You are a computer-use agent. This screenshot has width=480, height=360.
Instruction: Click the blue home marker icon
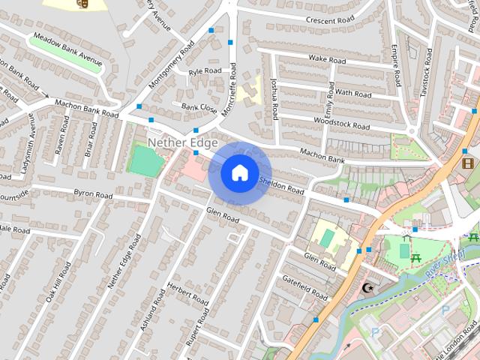pyautogui.click(x=239, y=173)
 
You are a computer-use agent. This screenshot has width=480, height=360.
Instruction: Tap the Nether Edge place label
pyautogui.click(x=183, y=142)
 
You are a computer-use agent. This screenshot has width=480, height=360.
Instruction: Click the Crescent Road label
pyautogui.click(x=328, y=19)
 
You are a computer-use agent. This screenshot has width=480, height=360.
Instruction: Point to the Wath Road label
pyautogui.click(x=352, y=94)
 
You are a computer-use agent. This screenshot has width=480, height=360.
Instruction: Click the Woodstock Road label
pyautogui.click(x=342, y=119)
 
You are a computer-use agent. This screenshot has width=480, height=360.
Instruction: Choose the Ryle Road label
pyautogui.click(x=205, y=72)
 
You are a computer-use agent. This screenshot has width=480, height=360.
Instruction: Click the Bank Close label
pyautogui.click(x=199, y=109)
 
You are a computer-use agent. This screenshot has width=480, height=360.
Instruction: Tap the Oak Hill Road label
pyautogui.click(x=58, y=283)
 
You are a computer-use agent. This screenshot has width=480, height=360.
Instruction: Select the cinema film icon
pyautogui.click(x=467, y=163)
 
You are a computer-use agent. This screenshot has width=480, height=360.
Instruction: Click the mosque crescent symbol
pyautogui.click(x=367, y=288)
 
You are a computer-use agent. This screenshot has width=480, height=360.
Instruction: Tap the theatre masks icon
pyautogui.click(x=82, y=3)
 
